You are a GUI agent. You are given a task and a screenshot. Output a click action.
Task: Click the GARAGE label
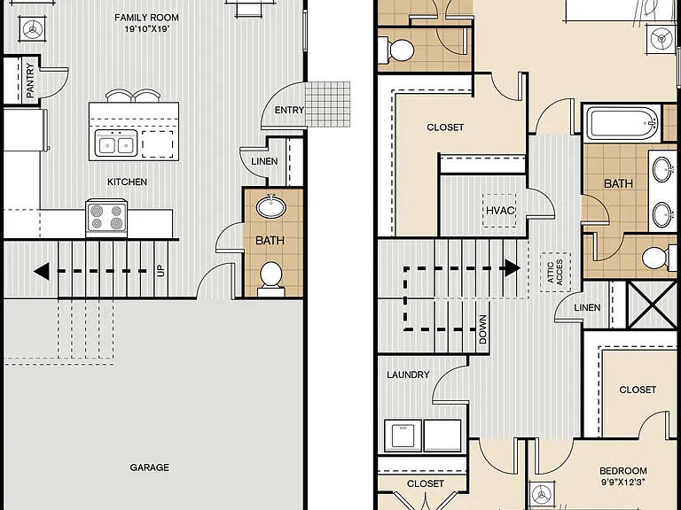click(149, 467)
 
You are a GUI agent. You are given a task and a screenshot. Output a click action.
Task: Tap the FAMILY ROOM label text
click(147, 18)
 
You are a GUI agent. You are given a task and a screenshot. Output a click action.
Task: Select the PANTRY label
click(29, 81)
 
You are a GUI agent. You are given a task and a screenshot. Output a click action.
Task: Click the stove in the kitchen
click(106, 218)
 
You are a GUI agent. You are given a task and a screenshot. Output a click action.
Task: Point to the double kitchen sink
click(116, 144)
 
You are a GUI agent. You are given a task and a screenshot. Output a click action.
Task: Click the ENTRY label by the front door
click(289, 110)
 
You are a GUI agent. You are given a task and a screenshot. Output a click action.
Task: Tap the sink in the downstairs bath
click(271, 206)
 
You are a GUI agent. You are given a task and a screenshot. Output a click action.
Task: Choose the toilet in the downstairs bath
click(271, 279)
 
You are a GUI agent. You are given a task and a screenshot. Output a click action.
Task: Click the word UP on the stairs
click(160, 271)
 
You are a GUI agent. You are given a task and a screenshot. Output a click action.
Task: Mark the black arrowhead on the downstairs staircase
click(42, 272)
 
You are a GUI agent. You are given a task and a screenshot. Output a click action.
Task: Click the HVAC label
click(500, 211)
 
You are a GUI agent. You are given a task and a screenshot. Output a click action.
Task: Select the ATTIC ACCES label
click(555, 272)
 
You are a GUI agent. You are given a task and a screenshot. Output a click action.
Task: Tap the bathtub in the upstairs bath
click(622, 123)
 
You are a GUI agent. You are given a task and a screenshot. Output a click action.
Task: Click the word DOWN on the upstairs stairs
click(482, 329)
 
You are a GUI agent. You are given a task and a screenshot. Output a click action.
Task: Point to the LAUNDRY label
click(408, 375)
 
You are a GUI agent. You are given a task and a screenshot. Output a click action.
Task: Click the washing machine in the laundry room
click(403, 435)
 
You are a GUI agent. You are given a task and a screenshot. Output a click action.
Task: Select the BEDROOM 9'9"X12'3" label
click(622, 476)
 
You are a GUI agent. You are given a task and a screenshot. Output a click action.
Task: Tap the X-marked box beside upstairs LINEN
click(653, 305)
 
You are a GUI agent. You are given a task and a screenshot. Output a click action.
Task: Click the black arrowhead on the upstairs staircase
click(513, 268)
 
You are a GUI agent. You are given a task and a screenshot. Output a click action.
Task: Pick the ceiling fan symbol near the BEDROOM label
click(542, 494)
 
